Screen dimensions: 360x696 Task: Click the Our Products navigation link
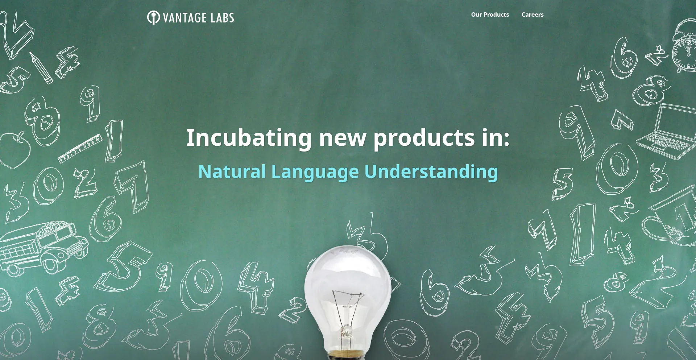490,15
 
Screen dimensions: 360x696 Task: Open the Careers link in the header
532,15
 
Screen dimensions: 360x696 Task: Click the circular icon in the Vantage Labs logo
153,17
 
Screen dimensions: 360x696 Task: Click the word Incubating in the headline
249,138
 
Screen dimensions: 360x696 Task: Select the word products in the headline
424,138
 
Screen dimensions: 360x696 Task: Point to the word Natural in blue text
232,171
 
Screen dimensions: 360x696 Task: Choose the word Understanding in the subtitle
431,171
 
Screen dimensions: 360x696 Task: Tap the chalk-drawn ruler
80,148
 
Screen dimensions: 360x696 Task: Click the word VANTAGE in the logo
185,18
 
